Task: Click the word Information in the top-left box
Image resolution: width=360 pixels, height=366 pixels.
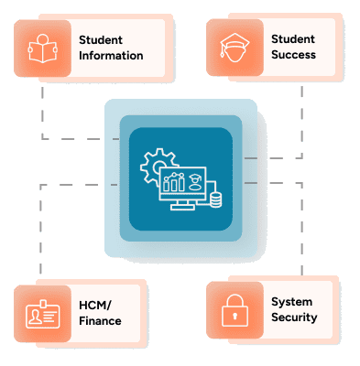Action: tap(111, 56)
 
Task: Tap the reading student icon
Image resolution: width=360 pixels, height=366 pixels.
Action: tap(42, 48)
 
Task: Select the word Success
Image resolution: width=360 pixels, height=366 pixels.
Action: tap(293, 55)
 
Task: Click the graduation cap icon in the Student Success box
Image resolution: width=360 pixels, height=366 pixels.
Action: tap(235, 48)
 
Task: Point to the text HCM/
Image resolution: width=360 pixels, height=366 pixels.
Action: tap(95, 305)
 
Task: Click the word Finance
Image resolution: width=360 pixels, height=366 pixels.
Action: tap(100, 321)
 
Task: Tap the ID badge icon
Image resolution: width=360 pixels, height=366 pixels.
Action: tap(43, 314)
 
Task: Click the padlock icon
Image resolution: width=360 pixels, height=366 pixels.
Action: tap(235, 310)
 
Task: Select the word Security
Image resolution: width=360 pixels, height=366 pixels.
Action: tap(294, 318)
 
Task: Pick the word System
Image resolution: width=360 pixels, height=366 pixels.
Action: tap(292, 302)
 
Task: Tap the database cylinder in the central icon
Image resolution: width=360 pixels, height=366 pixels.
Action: tap(216, 200)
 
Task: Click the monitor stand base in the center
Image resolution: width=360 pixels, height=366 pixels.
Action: tap(182, 208)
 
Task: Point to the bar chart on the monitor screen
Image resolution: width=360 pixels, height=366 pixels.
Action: tap(174, 182)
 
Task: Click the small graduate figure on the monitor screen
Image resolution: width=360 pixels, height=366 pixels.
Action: tap(194, 182)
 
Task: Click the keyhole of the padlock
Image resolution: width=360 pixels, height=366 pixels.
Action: tap(235, 316)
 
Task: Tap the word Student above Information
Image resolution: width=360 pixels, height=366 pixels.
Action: tap(101, 39)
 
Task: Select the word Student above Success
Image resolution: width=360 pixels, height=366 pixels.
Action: tap(293, 39)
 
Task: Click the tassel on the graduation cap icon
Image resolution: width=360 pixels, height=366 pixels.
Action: tap(223, 52)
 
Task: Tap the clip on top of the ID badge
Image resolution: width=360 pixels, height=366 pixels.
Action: tap(43, 304)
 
